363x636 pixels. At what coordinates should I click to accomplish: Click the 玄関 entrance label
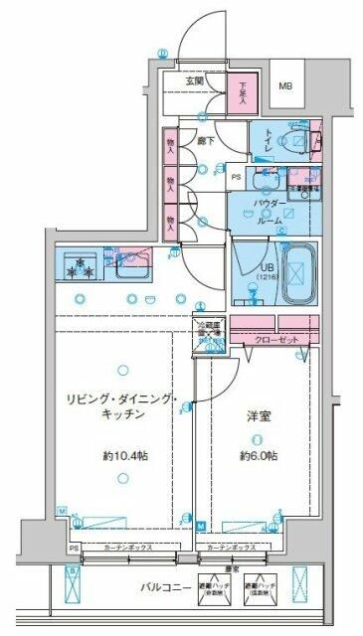tap(194, 82)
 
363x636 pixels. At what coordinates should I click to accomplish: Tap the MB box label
tap(284, 87)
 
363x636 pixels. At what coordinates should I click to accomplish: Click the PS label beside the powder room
tap(236, 178)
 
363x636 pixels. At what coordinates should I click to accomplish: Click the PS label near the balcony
tap(72, 548)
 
